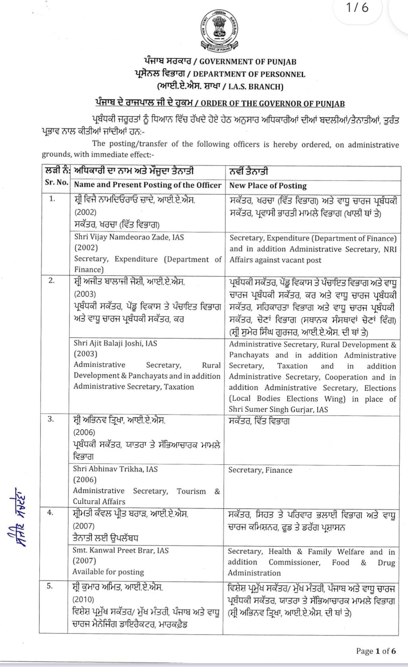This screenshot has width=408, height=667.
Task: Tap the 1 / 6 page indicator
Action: tap(358, 7)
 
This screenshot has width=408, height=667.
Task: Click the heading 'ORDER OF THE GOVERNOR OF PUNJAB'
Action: tap(273, 104)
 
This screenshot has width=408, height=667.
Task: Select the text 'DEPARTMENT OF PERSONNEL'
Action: tap(249, 74)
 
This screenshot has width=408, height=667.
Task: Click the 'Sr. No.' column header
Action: tap(56, 183)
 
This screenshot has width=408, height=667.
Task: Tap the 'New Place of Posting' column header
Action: tap(268, 185)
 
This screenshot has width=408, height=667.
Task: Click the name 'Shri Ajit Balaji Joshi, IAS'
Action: tap(115, 343)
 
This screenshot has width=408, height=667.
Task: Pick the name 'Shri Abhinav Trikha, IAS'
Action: tap(115, 469)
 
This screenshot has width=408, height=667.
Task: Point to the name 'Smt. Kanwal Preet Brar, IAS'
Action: tap(121, 550)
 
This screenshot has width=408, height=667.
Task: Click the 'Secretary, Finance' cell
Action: tap(260, 470)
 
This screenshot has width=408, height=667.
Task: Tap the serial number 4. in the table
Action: tap(50, 512)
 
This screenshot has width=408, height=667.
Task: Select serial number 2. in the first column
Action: tap(52, 281)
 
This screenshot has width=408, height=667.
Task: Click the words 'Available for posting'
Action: tap(108, 572)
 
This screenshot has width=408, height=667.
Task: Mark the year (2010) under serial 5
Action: tap(84, 599)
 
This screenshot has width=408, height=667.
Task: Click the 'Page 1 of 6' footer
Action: tap(376, 650)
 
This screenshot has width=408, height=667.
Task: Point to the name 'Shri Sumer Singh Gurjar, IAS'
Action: tap(278, 409)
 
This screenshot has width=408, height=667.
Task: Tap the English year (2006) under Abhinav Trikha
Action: tap(85, 479)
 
